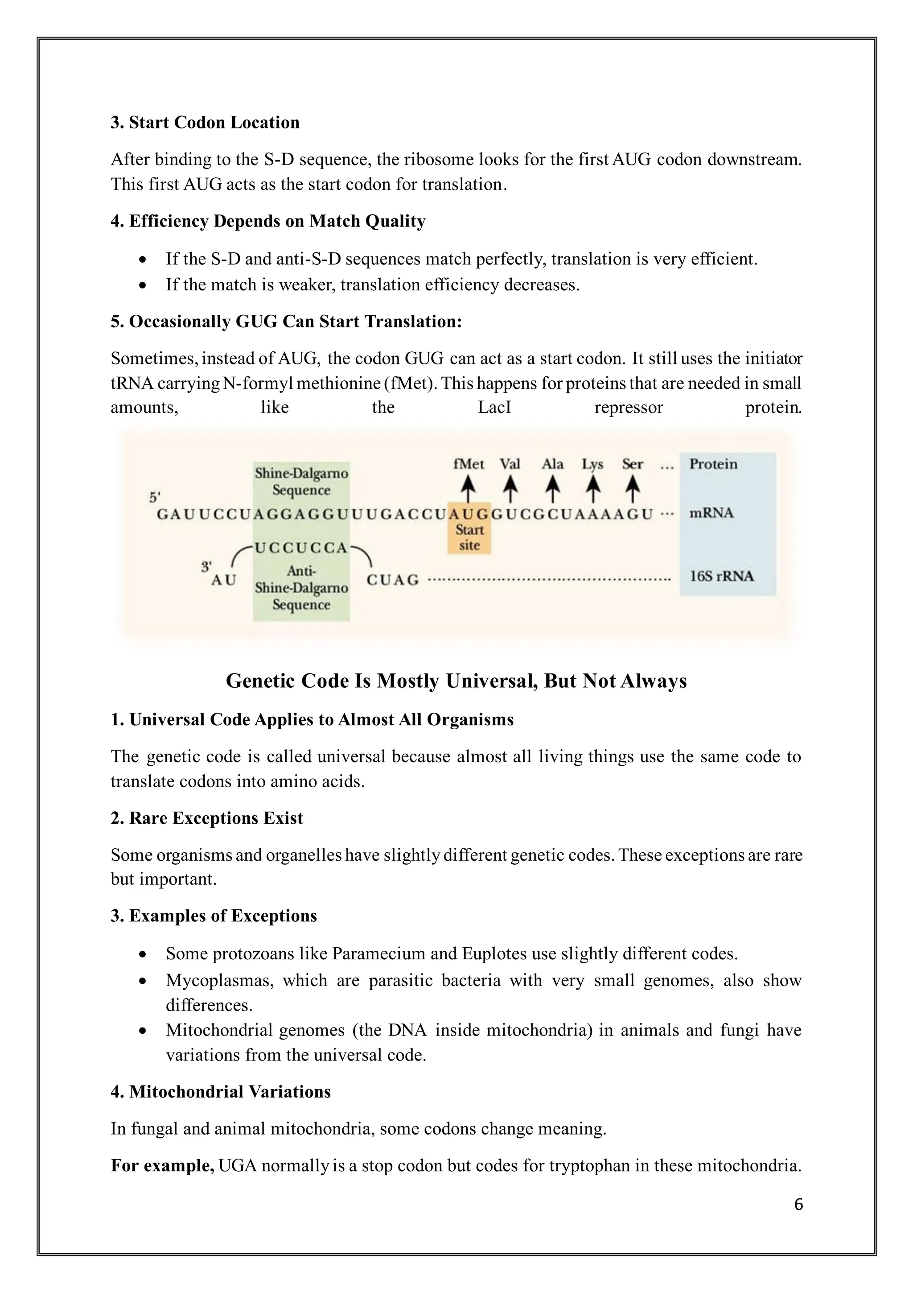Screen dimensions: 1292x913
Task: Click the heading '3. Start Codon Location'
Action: [x=205, y=123]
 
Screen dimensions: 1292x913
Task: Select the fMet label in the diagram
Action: [x=469, y=464]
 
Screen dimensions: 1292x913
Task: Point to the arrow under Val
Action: [x=510, y=488]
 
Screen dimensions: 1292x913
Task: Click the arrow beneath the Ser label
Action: [x=633, y=488]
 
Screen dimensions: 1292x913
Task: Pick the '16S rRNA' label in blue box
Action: [x=721, y=576]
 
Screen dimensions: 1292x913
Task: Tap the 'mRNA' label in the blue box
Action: [x=711, y=513]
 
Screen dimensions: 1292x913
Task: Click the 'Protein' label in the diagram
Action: [x=713, y=464]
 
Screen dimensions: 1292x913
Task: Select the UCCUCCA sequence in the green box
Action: [x=301, y=548]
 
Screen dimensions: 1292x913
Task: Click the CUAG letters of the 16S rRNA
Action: [x=393, y=580]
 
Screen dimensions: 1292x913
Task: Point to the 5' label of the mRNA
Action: [x=155, y=497]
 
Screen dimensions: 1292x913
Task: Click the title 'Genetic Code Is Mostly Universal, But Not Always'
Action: [x=456, y=681]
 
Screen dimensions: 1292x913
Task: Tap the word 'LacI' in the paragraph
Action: [x=494, y=408]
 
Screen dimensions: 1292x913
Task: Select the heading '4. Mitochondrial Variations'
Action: [x=221, y=1092]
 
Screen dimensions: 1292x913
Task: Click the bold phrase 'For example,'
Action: [x=162, y=1165]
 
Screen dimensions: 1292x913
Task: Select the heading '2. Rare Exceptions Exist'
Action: [x=206, y=818]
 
